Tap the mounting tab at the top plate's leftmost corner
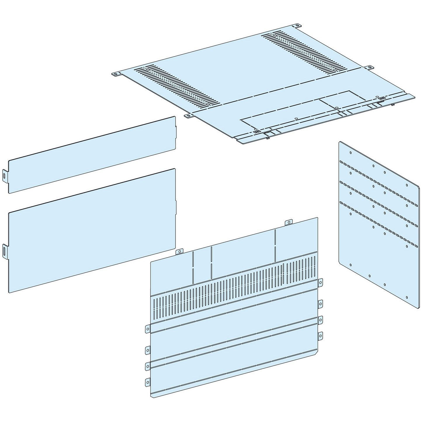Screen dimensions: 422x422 tap(116, 74)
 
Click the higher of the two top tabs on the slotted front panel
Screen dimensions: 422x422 tap(289, 223)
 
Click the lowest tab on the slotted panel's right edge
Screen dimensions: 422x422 tap(320, 336)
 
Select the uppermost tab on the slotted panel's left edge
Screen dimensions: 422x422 tap(148, 329)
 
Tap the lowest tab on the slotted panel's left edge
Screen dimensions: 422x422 tap(148, 381)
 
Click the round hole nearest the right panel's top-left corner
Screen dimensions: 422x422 tap(350, 152)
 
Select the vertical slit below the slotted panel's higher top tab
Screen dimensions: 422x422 tap(275, 245)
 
